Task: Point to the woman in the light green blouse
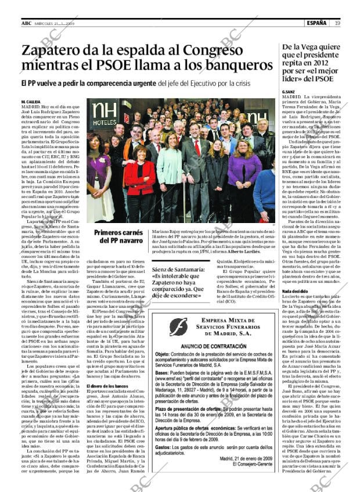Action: point(168,174)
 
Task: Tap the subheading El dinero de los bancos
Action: point(107,386)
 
